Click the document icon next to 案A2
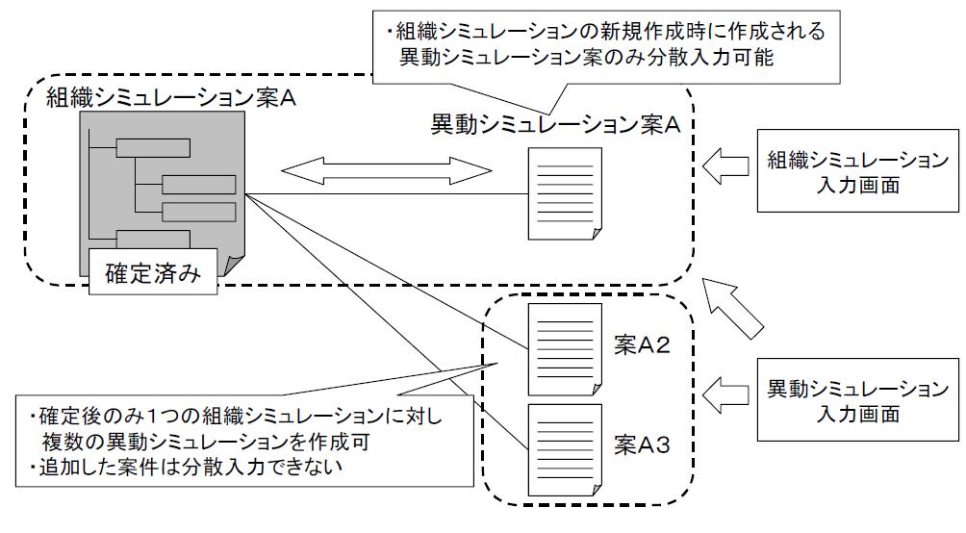coord(565,348)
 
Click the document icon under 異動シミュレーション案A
coord(565,193)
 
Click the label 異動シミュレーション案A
coord(554,125)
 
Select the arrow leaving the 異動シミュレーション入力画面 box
coord(724,392)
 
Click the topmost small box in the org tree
coord(153,147)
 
